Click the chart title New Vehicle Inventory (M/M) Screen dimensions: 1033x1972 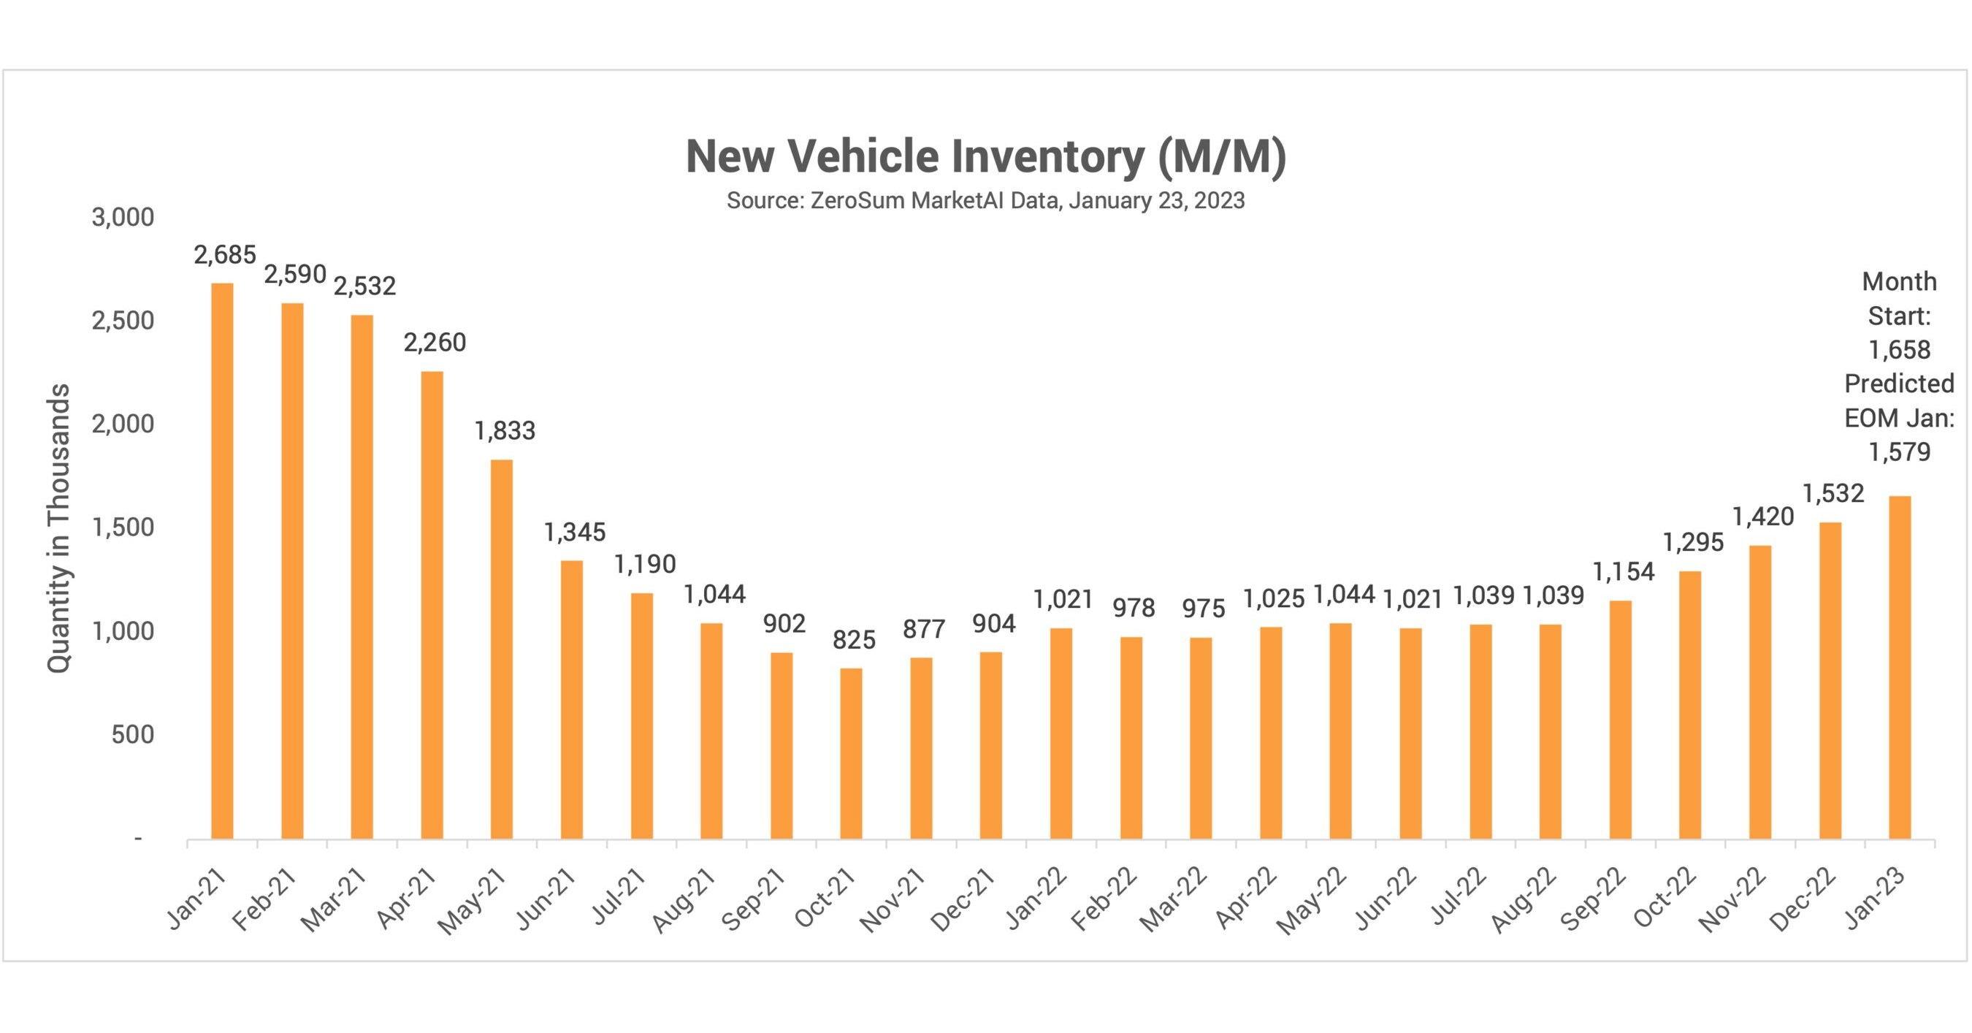tap(985, 156)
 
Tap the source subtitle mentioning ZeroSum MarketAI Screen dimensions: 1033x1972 tap(985, 201)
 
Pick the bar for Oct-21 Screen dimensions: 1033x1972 tap(852, 753)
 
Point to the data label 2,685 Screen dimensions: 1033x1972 tap(224, 255)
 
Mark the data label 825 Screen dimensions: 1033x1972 tap(854, 639)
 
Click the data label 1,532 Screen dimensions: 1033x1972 tap(1832, 493)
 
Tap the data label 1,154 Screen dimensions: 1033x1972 tap(1623, 571)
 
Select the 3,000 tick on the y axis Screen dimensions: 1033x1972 tap(123, 218)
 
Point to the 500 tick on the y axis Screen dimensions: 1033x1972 tap(132, 734)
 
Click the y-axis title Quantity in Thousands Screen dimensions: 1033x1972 tap(59, 528)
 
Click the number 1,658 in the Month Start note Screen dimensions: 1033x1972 tap(1899, 350)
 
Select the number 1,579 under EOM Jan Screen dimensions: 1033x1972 tap(1899, 451)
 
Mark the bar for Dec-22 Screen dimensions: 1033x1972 tap(1830, 681)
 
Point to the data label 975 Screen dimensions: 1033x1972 tap(1204, 609)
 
